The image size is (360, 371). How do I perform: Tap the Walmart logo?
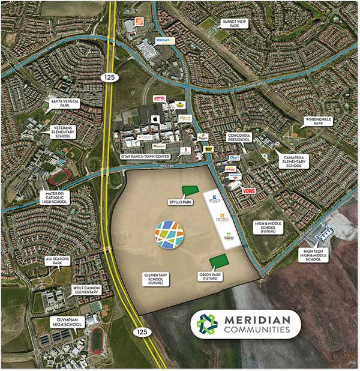(x=164, y=40)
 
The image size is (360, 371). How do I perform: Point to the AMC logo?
(x=160, y=98)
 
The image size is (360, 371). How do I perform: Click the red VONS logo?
(x=250, y=190)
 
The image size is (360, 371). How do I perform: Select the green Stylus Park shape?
(x=189, y=191)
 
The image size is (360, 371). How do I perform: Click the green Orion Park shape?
(x=219, y=261)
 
